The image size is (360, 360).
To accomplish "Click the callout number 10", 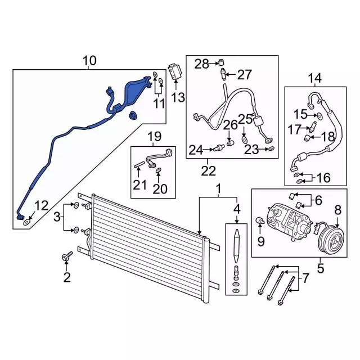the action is tap(89, 61).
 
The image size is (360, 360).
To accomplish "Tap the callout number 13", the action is tap(178, 97).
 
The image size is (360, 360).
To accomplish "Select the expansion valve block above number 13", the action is tap(175, 71).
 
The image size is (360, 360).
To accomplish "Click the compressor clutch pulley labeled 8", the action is tap(332, 240).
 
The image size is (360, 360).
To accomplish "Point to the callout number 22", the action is tap(209, 171).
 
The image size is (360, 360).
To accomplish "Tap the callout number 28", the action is tap(202, 64).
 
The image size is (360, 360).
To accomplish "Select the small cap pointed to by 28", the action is tap(221, 62).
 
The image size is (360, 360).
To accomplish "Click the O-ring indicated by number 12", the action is tap(27, 222).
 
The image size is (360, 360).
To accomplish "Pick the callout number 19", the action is tap(154, 136).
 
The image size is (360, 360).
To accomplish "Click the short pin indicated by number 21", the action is tap(139, 164).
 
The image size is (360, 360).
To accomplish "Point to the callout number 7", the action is tap(305, 278).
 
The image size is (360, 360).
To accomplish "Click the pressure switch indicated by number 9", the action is tap(260, 220).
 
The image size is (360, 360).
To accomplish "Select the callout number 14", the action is tap(315, 78).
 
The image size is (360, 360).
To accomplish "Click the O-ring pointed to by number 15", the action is tap(319, 116).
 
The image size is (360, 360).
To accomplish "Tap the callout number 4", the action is tap(237, 209).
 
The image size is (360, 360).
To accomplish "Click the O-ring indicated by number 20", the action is tap(159, 170).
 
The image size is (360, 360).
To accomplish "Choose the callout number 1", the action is tap(219, 189).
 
